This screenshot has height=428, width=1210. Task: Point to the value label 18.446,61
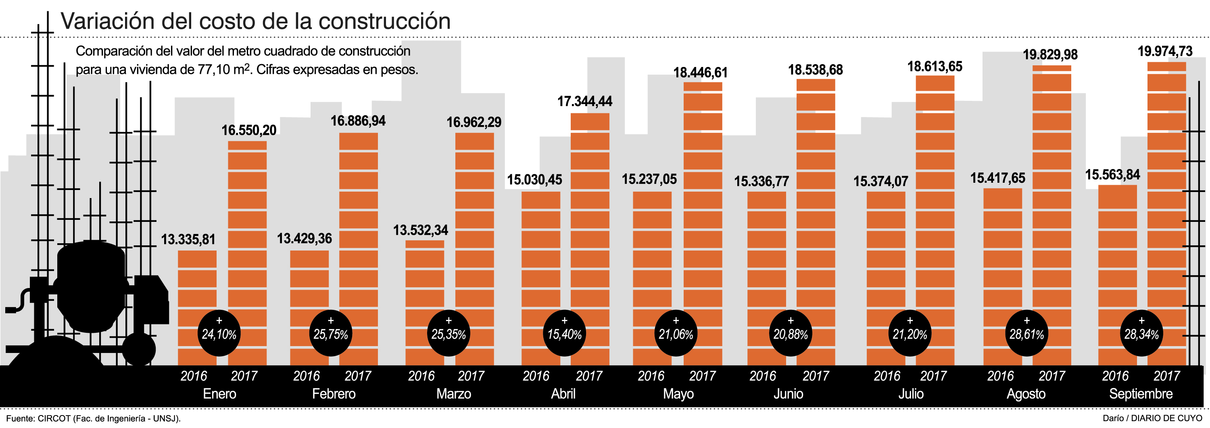click(700, 73)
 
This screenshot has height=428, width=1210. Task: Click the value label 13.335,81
click(188, 240)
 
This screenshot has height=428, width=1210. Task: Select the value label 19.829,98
click(1050, 55)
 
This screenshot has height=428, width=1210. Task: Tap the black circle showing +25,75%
click(331, 333)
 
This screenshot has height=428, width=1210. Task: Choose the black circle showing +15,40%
click(564, 333)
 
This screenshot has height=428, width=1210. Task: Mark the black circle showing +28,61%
click(1026, 333)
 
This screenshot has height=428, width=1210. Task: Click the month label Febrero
click(334, 394)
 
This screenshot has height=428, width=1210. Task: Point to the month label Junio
click(788, 394)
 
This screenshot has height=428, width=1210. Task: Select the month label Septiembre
click(1141, 394)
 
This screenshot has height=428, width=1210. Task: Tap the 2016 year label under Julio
click(887, 376)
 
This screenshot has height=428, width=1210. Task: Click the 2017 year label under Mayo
click(702, 376)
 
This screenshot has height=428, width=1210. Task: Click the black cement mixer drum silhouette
click(92, 286)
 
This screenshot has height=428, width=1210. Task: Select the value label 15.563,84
click(1112, 175)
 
